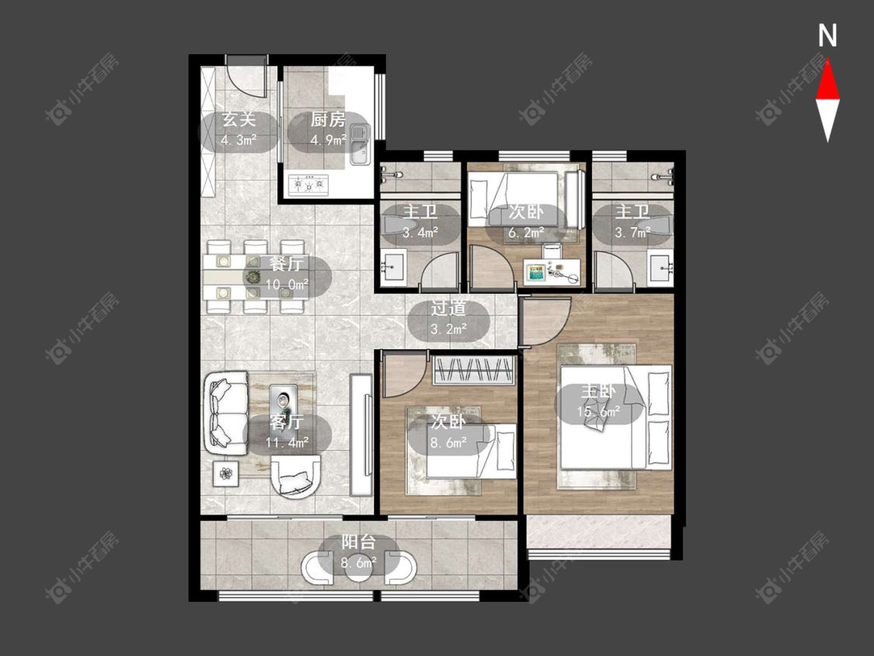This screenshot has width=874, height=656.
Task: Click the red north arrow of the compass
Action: click(x=827, y=81)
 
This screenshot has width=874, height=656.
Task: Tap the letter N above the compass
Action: click(x=827, y=36)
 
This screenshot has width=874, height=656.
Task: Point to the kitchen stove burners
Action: click(x=308, y=185)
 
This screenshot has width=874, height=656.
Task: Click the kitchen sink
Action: click(x=360, y=145)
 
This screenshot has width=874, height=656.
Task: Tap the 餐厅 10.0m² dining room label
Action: click(x=287, y=274)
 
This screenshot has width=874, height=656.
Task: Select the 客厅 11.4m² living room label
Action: click(x=287, y=431)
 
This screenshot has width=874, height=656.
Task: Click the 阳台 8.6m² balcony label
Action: click(x=358, y=553)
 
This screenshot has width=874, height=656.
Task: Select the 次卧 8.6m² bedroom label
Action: click(x=449, y=432)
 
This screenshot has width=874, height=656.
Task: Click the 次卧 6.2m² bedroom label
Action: click(x=526, y=222)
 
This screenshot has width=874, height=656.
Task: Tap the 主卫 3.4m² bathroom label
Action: click(x=420, y=222)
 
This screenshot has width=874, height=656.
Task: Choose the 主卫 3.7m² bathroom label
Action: click(x=632, y=222)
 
